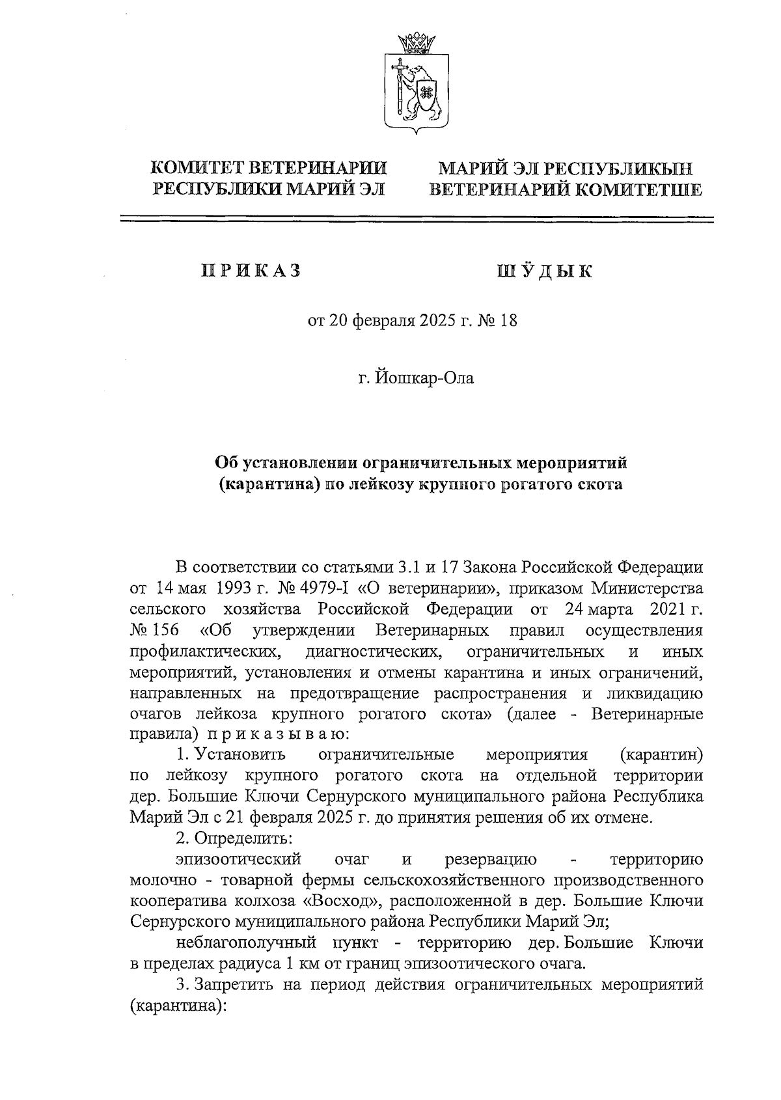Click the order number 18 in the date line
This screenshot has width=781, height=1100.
point(508,321)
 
